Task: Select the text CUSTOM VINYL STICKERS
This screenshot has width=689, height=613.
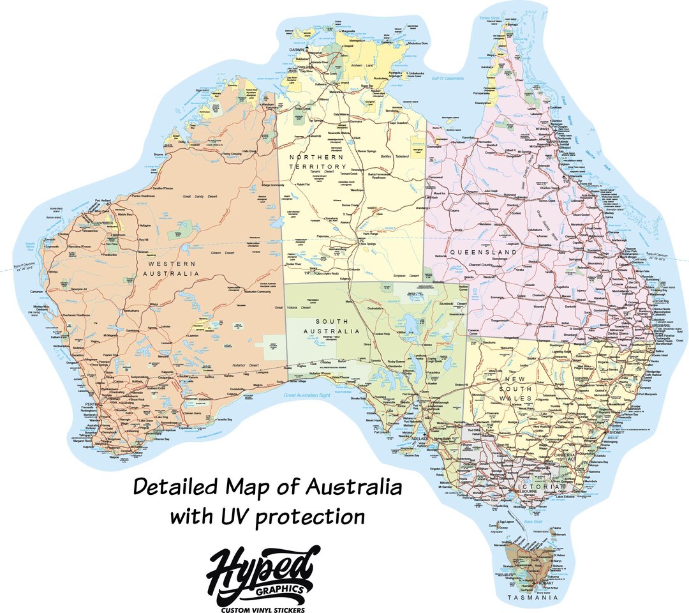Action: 262,602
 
